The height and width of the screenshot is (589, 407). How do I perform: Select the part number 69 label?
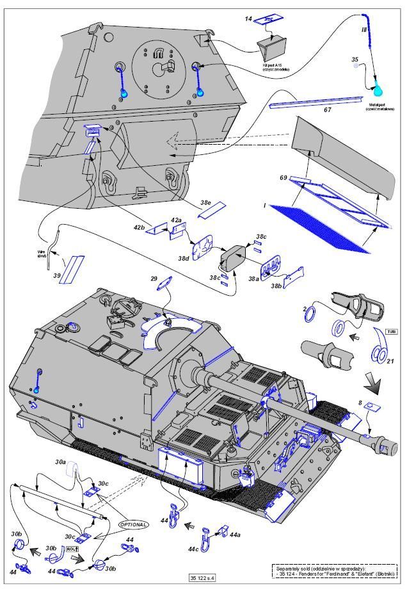(x=282, y=176)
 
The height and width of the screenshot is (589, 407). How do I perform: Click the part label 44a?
(x=235, y=533)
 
